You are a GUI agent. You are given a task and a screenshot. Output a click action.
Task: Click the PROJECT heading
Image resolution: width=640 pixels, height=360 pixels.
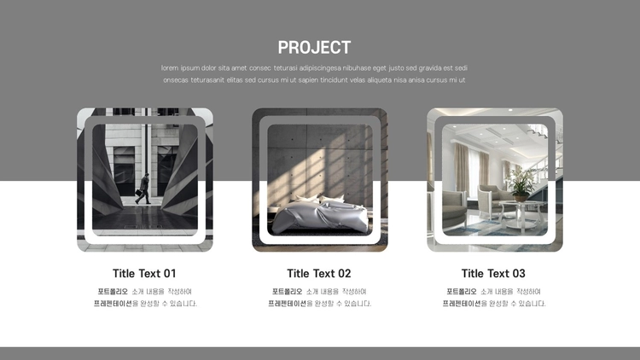[314, 48]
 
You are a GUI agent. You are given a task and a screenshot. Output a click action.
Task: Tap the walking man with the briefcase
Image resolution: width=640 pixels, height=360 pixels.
[143, 189]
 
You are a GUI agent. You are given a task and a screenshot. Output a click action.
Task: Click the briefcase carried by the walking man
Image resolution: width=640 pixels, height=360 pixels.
[139, 193]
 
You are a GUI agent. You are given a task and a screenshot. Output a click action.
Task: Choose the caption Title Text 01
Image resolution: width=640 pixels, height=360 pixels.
[144, 274]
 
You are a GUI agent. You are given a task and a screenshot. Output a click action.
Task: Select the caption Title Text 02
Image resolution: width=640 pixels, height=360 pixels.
[319, 274]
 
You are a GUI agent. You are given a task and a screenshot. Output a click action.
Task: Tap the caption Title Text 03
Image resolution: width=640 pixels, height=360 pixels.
[493, 274]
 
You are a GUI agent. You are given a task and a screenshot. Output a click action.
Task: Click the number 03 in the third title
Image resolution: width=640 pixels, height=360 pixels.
[518, 274]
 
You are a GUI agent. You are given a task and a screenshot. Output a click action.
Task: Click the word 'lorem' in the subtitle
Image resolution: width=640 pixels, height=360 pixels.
[170, 68]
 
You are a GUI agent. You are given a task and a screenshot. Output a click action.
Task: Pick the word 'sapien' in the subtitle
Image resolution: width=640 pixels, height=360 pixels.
[308, 80]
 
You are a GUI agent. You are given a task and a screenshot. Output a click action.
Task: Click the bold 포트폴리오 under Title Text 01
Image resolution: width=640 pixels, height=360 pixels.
[113, 292]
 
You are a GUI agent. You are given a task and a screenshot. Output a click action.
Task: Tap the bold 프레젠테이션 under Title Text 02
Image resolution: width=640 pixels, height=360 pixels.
[287, 303]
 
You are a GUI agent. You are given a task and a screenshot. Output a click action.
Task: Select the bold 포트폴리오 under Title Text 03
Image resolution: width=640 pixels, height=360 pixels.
[461, 292]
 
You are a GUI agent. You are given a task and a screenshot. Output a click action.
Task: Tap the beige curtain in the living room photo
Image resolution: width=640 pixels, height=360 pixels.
[461, 167]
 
